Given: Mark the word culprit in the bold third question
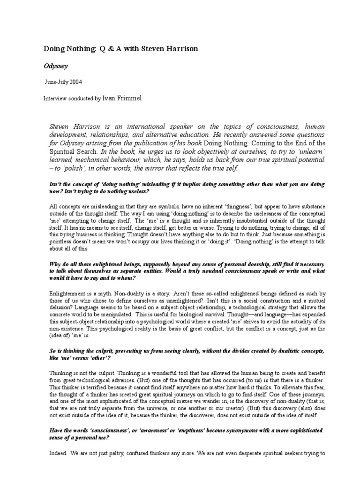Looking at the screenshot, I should (109, 345).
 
